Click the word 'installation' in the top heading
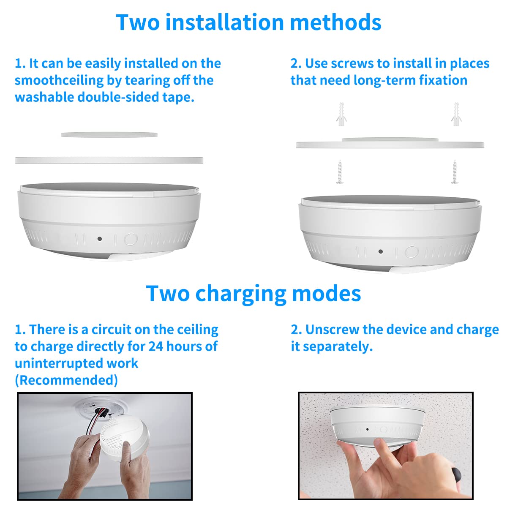(224, 22)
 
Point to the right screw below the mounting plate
(455, 172)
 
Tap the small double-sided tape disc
(109, 135)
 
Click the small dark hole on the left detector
(100, 239)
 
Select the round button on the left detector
(131, 240)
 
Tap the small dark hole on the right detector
(381, 251)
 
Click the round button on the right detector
(412, 252)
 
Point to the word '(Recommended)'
(66, 380)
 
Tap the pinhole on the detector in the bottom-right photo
(367, 429)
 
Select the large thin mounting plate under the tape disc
(109, 160)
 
